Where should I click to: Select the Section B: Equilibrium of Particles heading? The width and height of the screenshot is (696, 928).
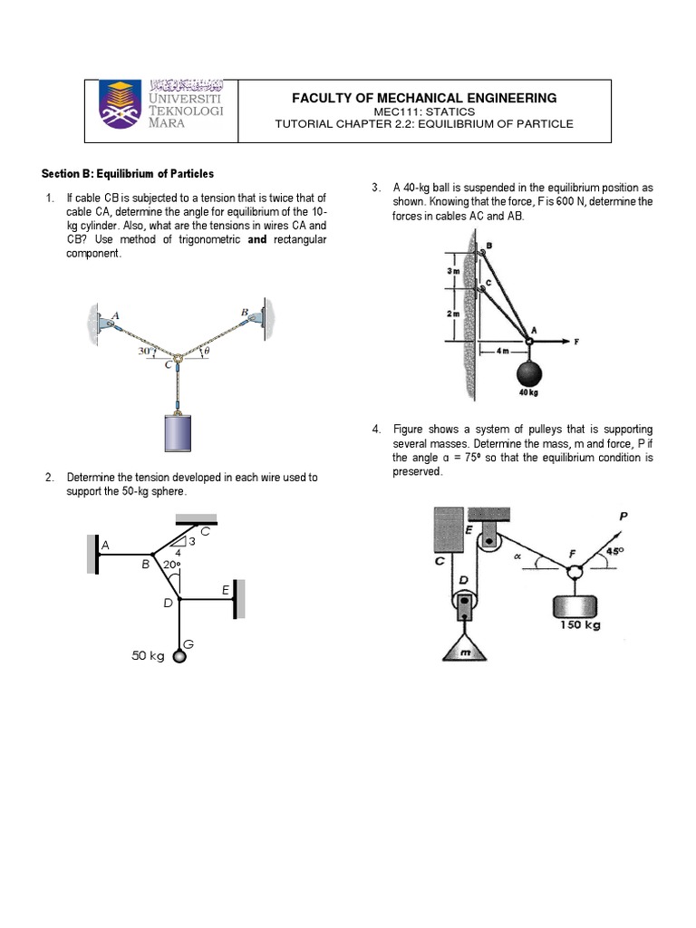point(129,173)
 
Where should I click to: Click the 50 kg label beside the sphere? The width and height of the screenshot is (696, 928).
point(149,656)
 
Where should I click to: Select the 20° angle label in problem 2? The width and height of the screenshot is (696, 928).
point(171,565)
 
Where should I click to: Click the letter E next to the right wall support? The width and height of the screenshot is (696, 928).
point(226,590)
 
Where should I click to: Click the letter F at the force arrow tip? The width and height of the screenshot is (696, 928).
point(575,342)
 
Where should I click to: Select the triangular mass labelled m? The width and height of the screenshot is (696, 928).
point(463,648)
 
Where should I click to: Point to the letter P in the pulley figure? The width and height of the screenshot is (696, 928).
point(623,517)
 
